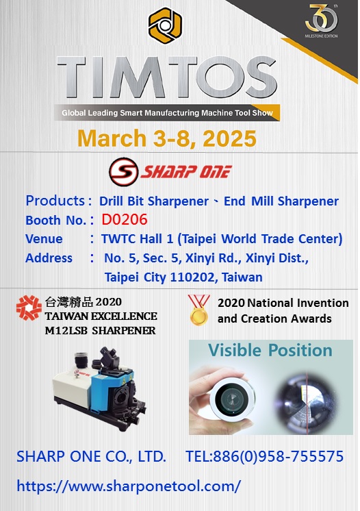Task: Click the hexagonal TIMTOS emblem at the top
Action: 165,25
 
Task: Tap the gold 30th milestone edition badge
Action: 322,21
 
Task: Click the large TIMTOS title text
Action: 167,78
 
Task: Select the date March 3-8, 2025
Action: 167,138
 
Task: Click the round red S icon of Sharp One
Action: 124,172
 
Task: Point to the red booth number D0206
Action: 125,220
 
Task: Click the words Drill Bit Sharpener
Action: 153,201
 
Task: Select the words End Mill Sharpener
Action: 281,201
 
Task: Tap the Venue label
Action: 44,239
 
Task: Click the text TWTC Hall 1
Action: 137,239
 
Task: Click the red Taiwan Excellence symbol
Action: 29,308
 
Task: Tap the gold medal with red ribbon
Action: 198,310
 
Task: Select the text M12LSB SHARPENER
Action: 100,331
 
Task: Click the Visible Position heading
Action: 270,350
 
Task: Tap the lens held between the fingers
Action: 233,399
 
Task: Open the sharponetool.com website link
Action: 129,486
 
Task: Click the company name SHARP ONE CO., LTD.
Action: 91,456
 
